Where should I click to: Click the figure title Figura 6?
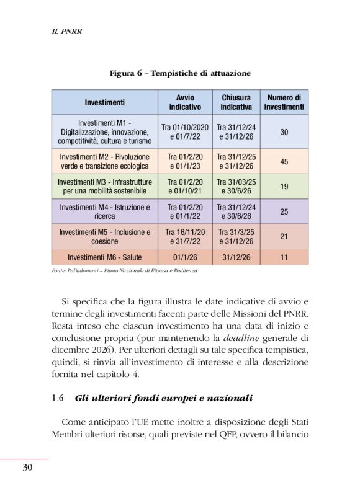click(x=179, y=73)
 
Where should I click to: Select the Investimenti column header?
click(x=105, y=102)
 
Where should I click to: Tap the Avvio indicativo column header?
click(x=185, y=102)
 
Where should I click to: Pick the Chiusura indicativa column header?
click(x=236, y=102)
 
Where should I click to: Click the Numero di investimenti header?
click(x=284, y=102)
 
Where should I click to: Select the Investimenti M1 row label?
click(x=105, y=132)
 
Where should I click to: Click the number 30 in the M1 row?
click(x=284, y=132)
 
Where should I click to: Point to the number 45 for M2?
click(x=284, y=162)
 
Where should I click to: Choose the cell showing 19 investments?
click(x=284, y=187)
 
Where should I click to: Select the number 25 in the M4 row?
click(x=284, y=211)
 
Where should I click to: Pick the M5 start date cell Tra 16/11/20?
click(x=185, y=233)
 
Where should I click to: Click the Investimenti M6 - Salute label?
click(x=105, y=256)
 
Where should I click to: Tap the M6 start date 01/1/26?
click(x=185, y=256)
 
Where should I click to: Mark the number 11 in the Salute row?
click(x=284, y=256)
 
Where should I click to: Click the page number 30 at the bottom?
click(x=27, y=468)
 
